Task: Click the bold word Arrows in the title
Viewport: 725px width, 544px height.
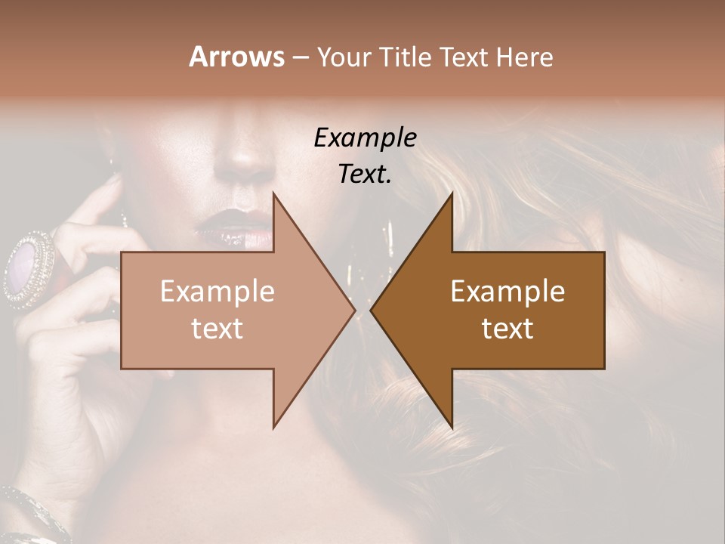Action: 236,57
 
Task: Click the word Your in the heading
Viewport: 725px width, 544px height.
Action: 342,58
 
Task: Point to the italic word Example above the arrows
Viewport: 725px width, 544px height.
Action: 366,138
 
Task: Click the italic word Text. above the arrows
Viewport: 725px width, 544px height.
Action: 366,174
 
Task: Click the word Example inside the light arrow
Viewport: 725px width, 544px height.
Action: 217,292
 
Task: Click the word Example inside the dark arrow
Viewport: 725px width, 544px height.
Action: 507,292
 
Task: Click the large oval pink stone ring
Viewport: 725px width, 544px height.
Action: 28,267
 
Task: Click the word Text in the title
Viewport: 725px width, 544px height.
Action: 467,57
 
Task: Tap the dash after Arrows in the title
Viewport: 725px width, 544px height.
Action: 299,58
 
